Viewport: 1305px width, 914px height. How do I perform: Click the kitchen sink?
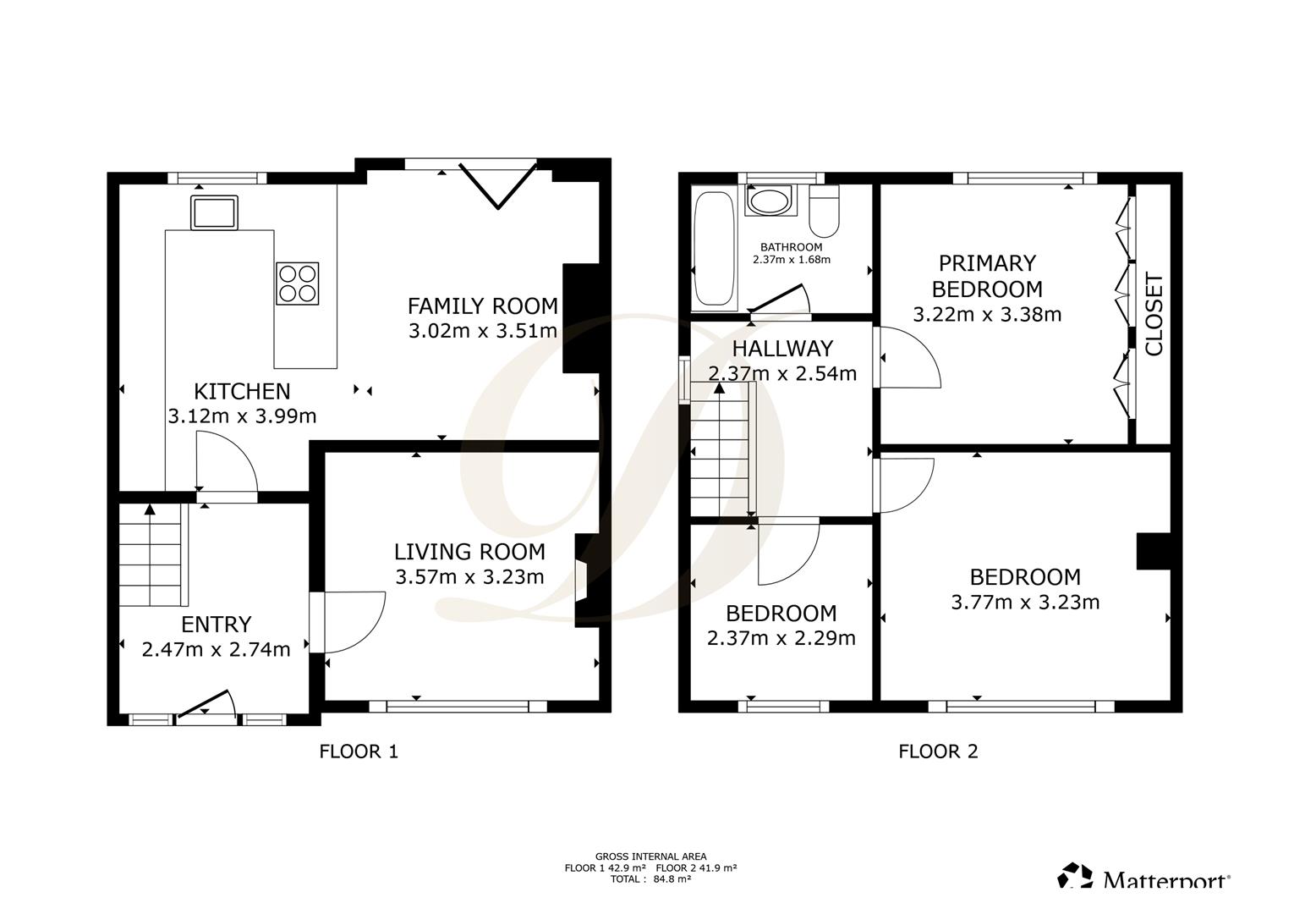214,212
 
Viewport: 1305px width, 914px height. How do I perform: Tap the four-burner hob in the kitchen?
298,284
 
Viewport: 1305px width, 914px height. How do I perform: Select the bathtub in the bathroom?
715,248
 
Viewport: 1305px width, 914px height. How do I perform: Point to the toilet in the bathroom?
825,211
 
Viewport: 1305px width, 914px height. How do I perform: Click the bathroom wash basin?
770,201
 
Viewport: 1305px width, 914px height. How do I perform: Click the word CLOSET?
1154,314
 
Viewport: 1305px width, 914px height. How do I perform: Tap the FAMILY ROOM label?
482,306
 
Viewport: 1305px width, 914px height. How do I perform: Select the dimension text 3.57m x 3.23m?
469,577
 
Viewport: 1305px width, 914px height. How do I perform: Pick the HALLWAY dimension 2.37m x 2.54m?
782,373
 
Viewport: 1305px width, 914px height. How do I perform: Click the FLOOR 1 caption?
359,752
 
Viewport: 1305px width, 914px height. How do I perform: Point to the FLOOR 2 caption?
938,752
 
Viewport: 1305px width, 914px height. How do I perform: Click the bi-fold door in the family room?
498,185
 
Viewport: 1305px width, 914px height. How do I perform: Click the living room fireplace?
587,581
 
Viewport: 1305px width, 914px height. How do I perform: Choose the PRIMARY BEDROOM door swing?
909,357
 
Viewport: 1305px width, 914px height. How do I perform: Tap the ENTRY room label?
217,625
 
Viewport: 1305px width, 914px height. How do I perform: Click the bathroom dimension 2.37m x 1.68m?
791,260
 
